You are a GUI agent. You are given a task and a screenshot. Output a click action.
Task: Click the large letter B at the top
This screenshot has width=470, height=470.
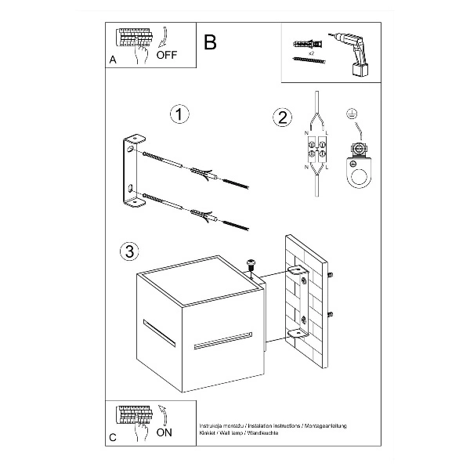(x=209, y=42)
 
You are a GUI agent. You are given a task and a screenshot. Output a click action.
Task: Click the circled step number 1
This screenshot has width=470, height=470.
(x=179, y=115)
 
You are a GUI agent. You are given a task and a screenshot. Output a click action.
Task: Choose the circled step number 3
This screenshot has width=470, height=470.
(x=131, y=251)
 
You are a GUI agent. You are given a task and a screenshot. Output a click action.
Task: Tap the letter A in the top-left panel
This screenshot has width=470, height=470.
(x=114, y=60)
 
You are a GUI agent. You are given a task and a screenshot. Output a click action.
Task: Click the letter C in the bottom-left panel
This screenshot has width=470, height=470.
(x=114, y=436)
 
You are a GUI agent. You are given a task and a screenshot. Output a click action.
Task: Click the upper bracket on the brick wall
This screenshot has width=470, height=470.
(x=300, y=273)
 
